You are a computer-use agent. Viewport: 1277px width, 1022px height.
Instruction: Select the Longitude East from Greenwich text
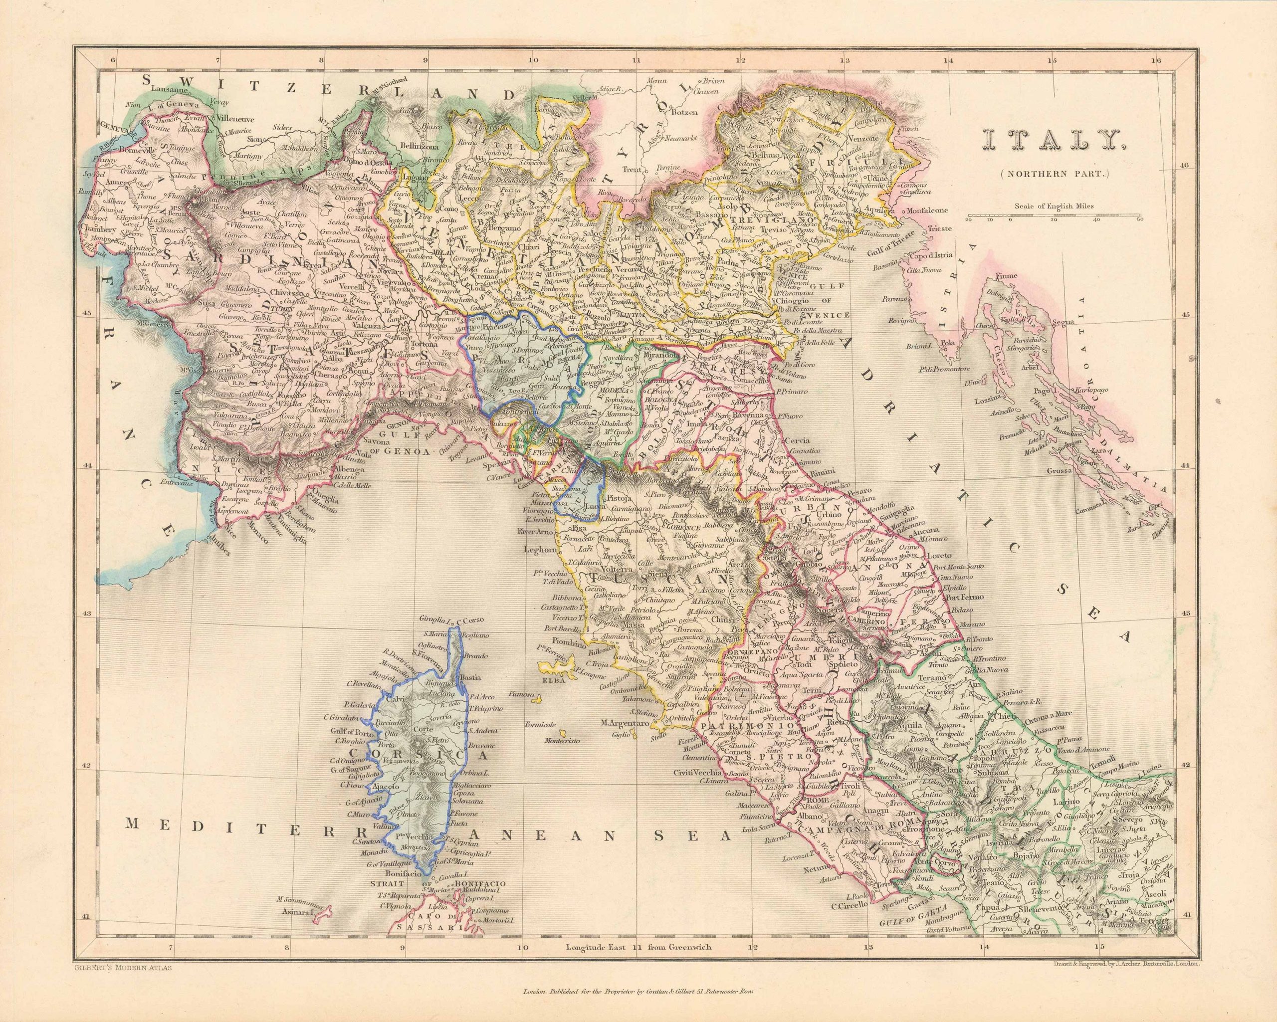(638, 947)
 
